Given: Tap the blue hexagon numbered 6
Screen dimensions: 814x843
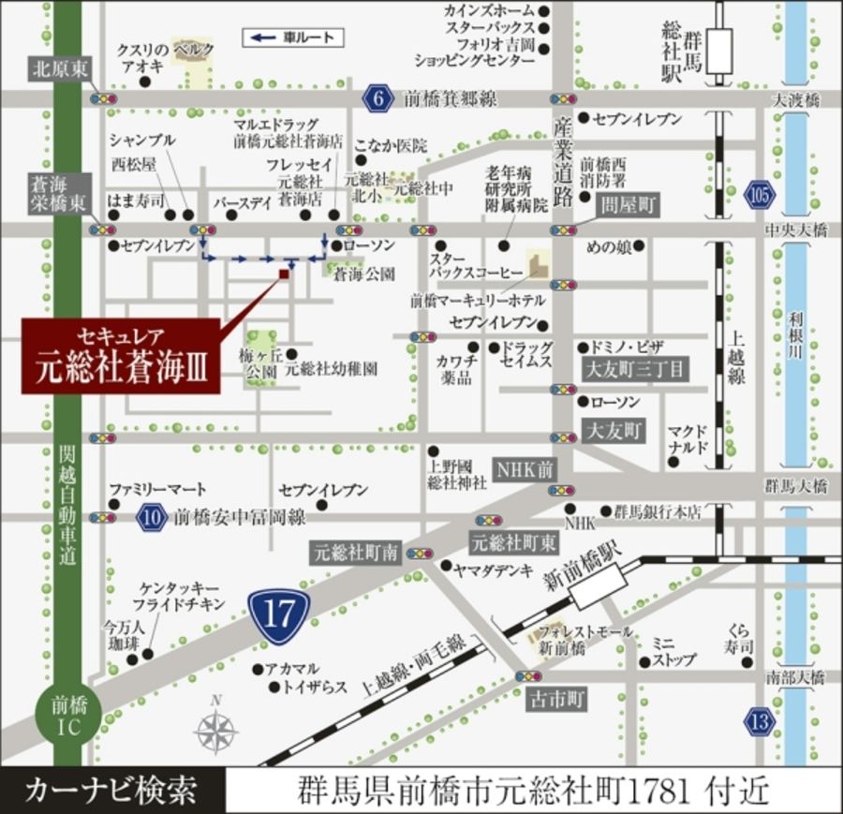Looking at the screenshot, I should coord(379,98).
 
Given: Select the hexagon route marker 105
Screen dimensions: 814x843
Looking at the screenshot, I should coord(760,195).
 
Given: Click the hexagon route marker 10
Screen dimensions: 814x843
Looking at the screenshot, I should coord(151,516).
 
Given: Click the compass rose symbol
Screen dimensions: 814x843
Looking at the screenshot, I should coord(217,729).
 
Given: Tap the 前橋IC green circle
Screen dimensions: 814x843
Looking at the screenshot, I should coord(66,717).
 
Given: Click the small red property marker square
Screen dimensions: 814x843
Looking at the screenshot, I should coord(284,274).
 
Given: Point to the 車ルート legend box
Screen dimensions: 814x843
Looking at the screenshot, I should coord(293,38).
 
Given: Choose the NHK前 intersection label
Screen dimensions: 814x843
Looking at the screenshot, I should coord(525,468).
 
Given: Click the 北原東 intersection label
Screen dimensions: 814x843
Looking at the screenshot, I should coord(58,67).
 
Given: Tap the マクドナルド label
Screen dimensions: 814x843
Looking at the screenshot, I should coord(688,439).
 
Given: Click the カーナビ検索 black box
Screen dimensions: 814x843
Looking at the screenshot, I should coord(112,791).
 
